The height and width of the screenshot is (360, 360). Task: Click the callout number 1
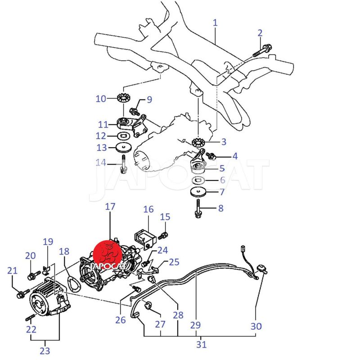pos(215,22)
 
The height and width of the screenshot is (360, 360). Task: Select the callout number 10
pos(100,99)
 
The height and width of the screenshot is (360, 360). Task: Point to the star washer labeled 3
pos(197,142)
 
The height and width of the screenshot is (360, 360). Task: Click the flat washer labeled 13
pos(122,147)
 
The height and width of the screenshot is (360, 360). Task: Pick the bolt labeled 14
pos(123,164)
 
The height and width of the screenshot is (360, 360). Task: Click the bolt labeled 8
pos(198,208)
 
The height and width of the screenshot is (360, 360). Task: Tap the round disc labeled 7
pos(198,192)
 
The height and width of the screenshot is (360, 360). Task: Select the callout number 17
pos(110,207)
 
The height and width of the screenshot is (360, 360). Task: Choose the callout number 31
pos(202,344)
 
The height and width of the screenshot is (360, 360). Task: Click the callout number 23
pos(45,351)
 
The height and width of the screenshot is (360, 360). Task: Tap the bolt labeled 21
pos(21,295)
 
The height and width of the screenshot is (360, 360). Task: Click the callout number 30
pos(256,325)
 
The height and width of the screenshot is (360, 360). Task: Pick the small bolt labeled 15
pos(164,234)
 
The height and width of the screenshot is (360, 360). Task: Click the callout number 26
pos(120,320)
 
